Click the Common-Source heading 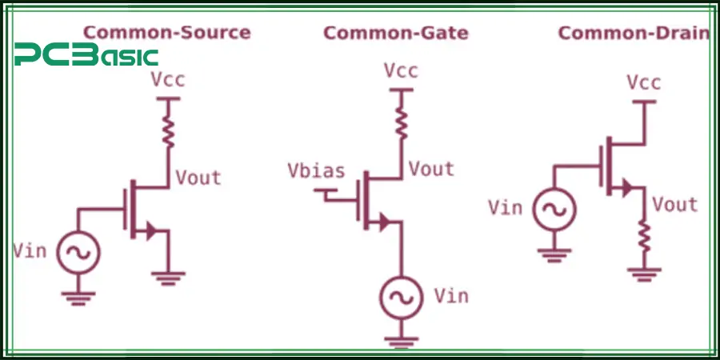tap(166, 33)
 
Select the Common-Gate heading tap(395, 33)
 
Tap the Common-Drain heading tap(633, 33)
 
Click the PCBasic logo tap(86, 55)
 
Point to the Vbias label tap(316, 171)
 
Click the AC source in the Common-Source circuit tap(78, 252)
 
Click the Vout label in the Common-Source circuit tap(198, 178)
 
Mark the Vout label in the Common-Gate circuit tap(431, 169)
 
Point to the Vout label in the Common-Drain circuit tap(674, 205)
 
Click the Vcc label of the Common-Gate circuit tap(400, 70)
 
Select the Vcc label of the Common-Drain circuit tap(643, 82)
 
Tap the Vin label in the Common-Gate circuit tap(451, 296)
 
